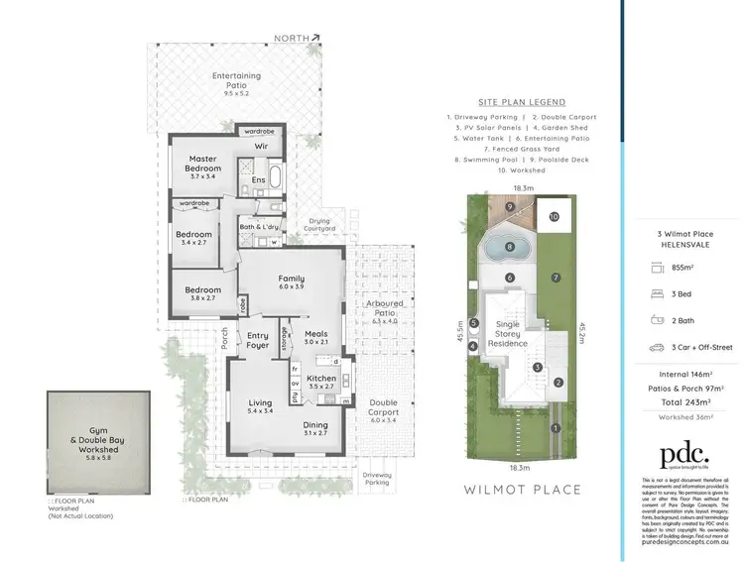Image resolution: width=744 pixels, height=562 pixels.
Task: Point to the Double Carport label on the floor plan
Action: click(382, 408)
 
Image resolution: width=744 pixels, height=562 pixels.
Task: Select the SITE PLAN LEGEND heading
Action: click(521, 102)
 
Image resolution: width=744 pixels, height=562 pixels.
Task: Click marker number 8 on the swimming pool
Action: click(509, 247)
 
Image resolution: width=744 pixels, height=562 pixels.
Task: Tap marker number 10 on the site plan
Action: click(554, 216)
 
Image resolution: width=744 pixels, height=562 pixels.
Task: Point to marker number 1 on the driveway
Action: click(556, 428)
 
